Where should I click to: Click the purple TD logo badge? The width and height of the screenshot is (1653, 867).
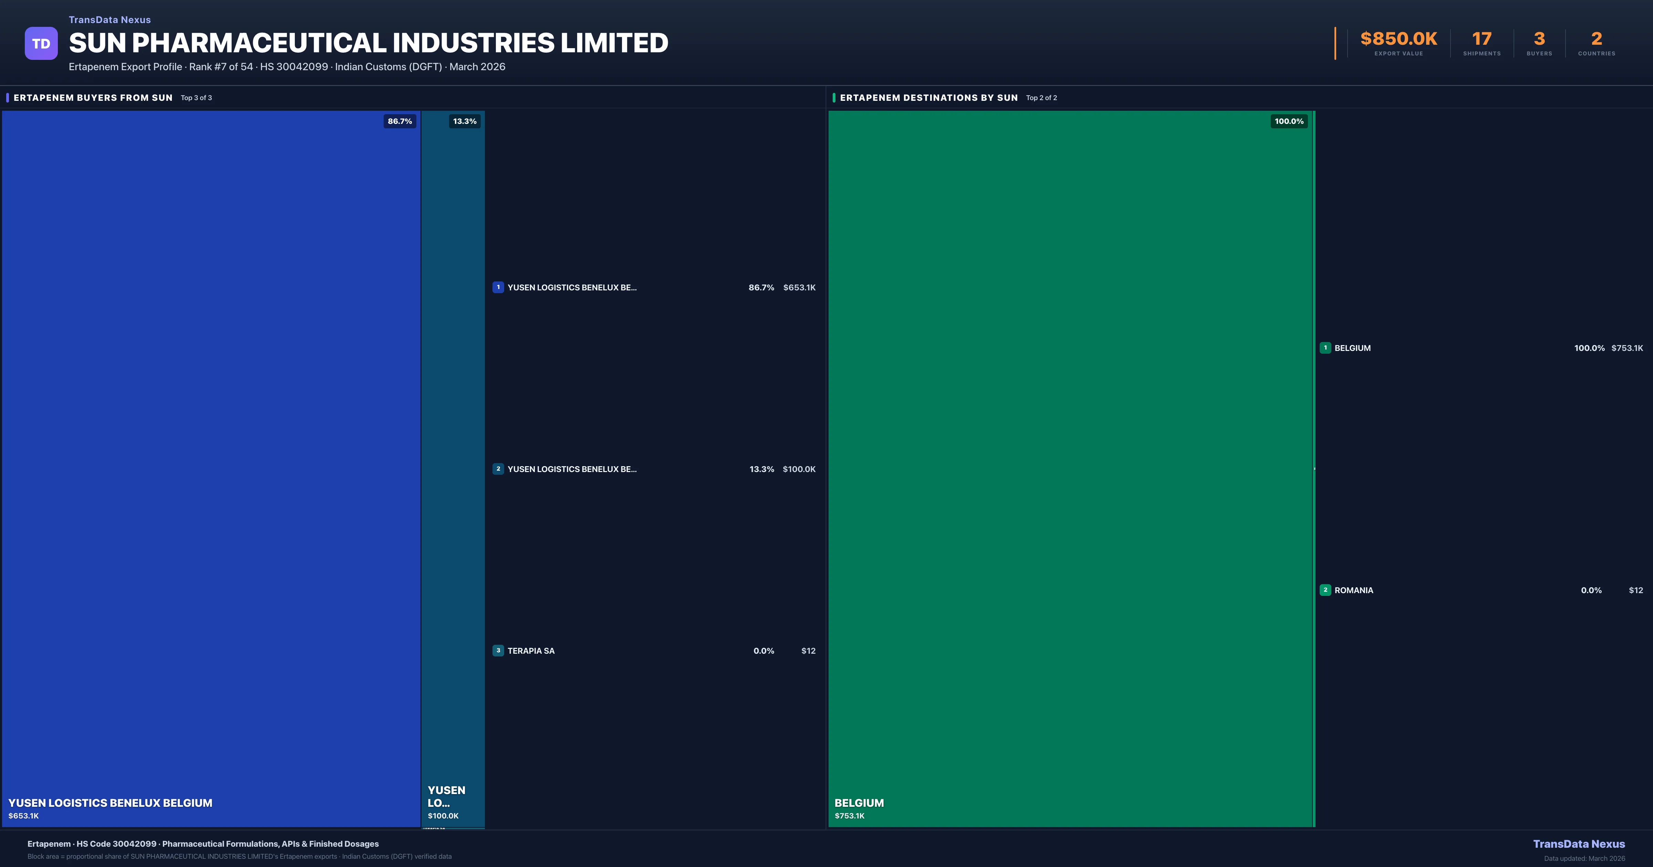(x=41, y=44)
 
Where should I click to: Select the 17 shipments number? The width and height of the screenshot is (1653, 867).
(x=1482, y=39)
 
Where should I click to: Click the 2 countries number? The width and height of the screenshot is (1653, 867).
(x=1597, y=39)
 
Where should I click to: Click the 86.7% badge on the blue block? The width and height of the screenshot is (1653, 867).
(x=400, y=121)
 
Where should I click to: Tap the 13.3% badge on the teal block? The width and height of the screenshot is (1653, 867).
(x=465, y=121)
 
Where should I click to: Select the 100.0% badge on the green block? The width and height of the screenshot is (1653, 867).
(x=1289, y=121)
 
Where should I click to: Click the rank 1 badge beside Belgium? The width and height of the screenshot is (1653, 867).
(x=1325, y=347)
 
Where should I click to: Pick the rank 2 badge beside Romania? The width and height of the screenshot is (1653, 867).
(x=1325, y=590)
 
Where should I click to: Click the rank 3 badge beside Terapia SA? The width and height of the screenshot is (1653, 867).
(x=498, y=650)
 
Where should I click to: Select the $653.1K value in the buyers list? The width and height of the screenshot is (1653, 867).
(x=799, y=287)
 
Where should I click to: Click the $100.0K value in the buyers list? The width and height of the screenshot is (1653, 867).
(x=799, y=469)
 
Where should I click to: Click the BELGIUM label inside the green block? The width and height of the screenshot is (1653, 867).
(x=859, y=803)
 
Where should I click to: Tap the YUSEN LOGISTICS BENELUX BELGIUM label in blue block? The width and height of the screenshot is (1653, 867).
(x=110, y=803)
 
